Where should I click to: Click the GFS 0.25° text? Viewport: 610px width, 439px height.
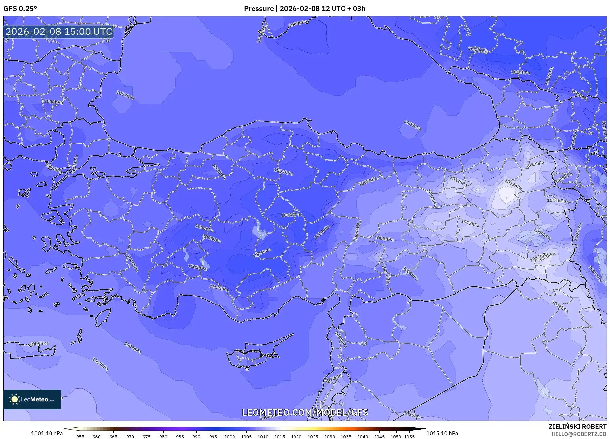coord(20,9)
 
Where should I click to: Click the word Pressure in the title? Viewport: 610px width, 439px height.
coord(259,9)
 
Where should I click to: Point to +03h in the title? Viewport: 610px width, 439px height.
coord(357,9)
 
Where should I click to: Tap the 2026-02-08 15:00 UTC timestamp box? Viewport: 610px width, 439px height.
coord(59,32)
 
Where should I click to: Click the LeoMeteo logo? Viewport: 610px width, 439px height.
coord(32,399)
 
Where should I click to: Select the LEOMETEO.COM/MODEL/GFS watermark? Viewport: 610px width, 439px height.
coord(305,412)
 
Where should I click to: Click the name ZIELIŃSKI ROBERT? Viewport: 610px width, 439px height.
coord(577,427)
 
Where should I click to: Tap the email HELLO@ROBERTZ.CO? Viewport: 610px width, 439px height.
coord(579,434)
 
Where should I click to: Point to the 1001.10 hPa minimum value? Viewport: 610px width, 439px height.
coord(47,433)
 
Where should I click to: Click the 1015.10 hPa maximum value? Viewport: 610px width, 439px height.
coord(442,433)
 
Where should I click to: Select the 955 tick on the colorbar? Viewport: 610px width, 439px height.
coord(80,437)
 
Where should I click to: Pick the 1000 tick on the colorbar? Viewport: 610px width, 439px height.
coord(230,437)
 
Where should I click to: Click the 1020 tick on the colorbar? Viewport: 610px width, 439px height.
coord(296,437)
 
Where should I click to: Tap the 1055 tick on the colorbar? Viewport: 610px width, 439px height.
coord(409,437)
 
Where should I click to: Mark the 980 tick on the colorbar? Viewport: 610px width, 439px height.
coord(163,437)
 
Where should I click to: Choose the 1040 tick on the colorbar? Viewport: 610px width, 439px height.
coord(363,437)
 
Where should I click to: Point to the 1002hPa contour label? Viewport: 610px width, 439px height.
coord(478,50)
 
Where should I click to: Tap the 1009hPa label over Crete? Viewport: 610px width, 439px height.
coord(39,344)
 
